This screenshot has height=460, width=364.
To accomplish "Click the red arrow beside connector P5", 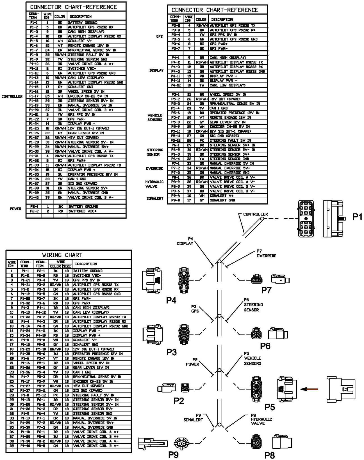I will click(x=309, y=389).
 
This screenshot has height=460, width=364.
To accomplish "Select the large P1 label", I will click(x=357, y=217).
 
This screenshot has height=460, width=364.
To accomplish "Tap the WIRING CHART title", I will click(x=62, y=255).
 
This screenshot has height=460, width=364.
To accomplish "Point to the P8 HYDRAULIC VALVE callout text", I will click(x=261, y=419).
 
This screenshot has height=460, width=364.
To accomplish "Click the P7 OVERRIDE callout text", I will click(x=266, y=253).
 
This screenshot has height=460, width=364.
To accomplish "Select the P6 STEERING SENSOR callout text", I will click(x=253, y=305).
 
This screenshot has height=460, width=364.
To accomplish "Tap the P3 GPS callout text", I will click(x=195, y=309).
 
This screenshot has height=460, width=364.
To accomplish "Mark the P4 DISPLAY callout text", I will click(x=185, y=241).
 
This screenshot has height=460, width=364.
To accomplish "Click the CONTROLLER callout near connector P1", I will click(x=255, y=214).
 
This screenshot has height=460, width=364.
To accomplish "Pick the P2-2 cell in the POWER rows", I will click(x=34, y=211).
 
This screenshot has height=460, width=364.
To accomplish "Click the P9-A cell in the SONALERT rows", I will click(x=175, y=196).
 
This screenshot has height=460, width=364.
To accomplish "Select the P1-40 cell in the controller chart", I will click(x=34, y=198).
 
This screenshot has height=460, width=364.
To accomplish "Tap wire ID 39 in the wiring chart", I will click(x=12, y=446).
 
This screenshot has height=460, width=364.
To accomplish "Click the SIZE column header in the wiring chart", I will click(x=67, y=266).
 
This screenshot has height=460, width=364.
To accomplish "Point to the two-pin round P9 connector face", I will click(x=180, y=443).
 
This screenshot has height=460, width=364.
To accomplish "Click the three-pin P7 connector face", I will click(x=257, y=280).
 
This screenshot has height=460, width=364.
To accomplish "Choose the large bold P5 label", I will click(x=270, y=407).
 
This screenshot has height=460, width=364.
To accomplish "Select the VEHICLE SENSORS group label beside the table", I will click(x=155, y=118).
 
